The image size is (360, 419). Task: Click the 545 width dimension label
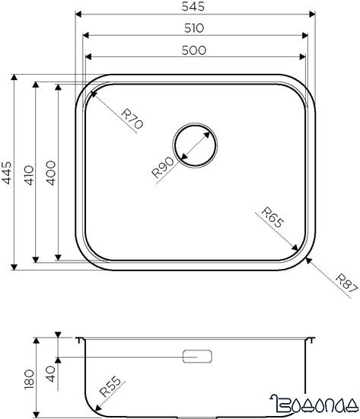(197, 6)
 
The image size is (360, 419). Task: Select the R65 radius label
(272, 219)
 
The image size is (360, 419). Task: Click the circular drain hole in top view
(196, 143)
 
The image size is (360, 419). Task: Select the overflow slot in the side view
(198, 357)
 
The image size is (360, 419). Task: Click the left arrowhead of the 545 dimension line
(79, 14)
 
